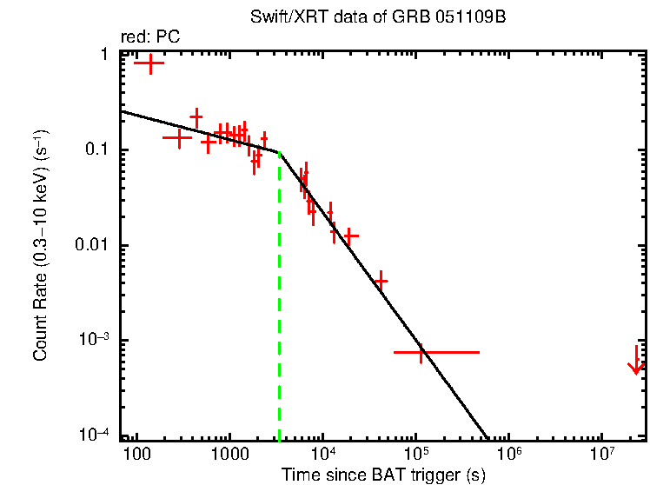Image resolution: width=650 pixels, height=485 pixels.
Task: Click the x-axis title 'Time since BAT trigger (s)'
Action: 383,475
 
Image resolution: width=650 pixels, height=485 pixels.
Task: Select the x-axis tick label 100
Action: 136,455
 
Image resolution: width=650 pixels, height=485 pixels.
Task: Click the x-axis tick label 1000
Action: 229,455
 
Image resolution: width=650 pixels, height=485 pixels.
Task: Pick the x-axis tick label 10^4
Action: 322,453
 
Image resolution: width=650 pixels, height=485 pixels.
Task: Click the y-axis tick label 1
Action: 103,55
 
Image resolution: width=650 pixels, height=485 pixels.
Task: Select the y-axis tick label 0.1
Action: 95,150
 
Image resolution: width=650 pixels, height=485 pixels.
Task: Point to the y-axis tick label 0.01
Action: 90,246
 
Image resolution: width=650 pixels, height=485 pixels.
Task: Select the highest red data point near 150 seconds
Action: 150,63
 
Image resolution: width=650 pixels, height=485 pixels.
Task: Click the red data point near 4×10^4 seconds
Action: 381,281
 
